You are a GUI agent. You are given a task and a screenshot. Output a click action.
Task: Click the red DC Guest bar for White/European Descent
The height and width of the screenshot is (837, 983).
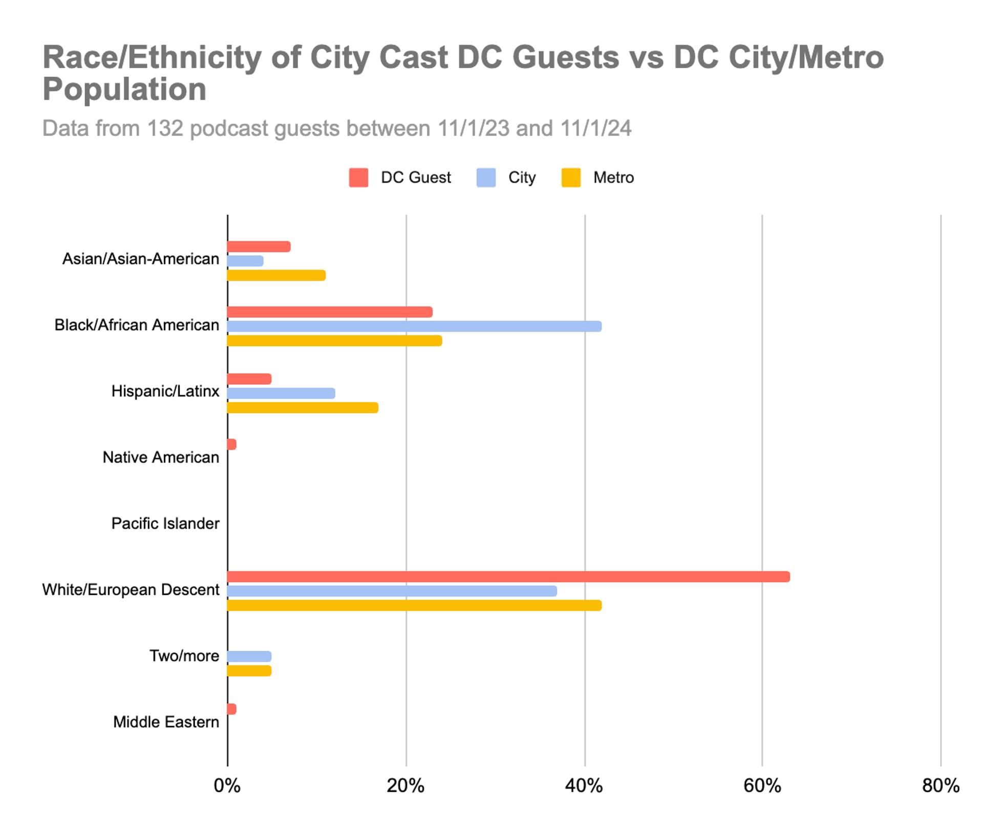tap(508, 577)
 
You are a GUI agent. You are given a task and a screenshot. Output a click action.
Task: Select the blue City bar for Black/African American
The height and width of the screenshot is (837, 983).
tap(414, 326)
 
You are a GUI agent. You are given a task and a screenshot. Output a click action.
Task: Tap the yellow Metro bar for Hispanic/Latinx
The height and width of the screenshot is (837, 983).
tap(302, 407)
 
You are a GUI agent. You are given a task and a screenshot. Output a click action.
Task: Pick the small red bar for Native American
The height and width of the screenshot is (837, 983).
tap(231, 444)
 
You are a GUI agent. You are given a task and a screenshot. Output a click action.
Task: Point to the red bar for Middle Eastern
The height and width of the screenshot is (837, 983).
tap(231, 709)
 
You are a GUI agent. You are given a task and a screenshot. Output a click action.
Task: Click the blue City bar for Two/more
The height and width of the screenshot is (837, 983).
tap(249, 656)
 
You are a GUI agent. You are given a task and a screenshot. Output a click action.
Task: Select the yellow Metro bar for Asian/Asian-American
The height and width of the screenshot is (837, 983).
tap(276, 275)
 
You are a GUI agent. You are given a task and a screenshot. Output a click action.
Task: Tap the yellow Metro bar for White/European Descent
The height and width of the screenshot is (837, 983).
tap(414, 605)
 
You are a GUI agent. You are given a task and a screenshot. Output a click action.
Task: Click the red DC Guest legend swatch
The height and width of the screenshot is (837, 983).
tap(358, 178)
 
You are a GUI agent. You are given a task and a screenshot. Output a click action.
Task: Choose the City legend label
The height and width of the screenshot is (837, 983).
tap(522, 178)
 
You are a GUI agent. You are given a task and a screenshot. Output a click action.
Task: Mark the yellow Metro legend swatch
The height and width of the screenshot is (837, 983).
tap(571, 178)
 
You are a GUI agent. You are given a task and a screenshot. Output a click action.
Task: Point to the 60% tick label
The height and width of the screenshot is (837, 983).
tap(762, 785)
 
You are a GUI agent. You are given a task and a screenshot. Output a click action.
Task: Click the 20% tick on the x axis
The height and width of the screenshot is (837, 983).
tap(405, 785)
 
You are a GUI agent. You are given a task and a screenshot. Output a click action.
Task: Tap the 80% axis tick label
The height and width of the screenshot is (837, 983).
tap(941, 785)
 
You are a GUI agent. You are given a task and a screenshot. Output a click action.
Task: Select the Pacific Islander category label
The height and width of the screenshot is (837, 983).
tap(165, 523)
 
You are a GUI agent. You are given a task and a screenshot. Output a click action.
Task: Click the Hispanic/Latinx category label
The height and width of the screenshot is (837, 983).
tap(165, 391)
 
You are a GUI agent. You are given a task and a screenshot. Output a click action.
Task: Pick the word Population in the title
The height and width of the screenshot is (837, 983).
tap(124, 89)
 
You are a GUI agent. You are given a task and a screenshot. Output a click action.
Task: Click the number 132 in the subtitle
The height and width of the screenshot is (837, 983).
tap(165, 128)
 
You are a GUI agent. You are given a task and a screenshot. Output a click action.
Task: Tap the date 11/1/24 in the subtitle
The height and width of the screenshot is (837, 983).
tap(595, 128)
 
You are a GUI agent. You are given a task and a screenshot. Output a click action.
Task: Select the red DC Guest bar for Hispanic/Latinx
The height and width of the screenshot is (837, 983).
tap(249, 379)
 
